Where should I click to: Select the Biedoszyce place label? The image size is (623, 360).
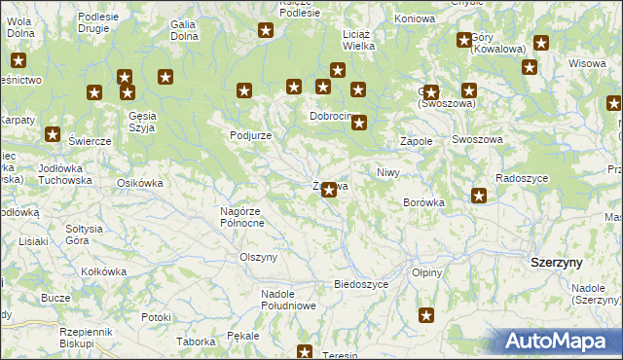361,284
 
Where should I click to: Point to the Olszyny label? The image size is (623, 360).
259,257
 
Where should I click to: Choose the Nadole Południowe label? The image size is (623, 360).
288,300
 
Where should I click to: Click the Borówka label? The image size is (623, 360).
423,202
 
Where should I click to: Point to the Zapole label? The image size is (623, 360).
417,141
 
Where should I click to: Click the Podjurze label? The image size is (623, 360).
250,135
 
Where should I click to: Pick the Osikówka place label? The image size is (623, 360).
139,182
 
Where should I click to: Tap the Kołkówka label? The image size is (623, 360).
104,271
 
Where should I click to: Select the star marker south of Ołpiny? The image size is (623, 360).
426,314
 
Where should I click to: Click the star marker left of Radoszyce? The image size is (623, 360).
479,196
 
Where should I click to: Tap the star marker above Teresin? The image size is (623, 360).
305,352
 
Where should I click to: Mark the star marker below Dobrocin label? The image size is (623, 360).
359,123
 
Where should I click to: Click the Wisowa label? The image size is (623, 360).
587,63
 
